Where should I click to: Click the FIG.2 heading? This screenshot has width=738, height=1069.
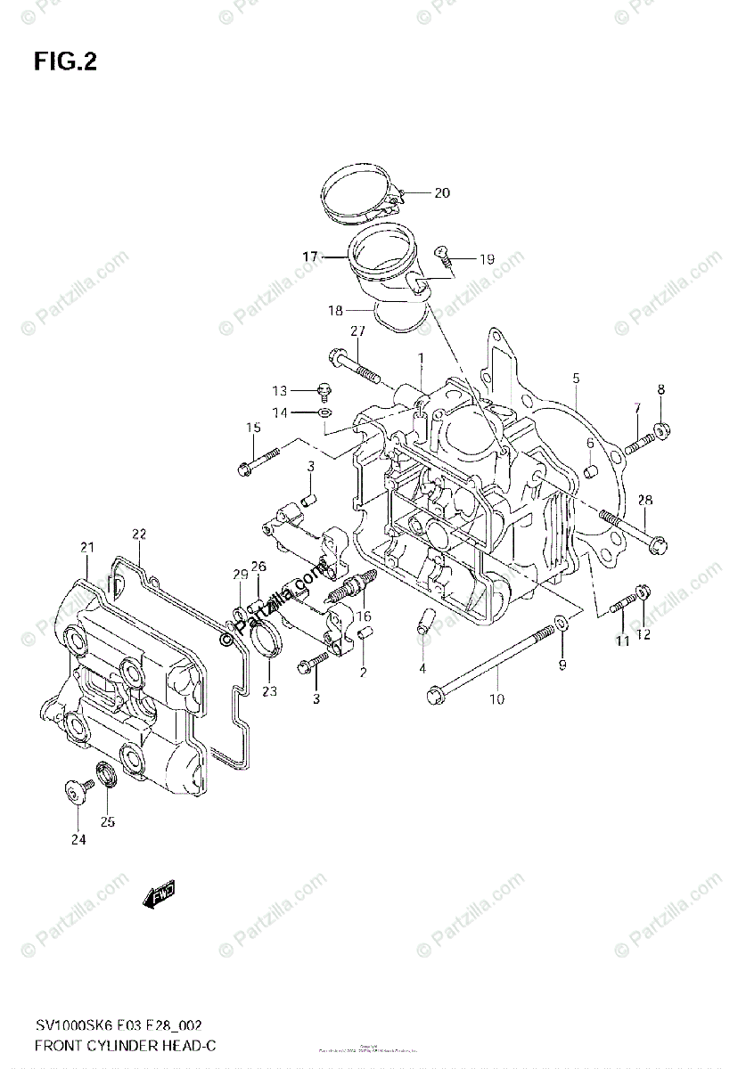[x=65, y=62]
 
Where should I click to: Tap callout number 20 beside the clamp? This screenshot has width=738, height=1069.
[x=442, y=192]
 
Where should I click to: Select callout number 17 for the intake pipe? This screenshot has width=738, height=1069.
[x=310, y=257]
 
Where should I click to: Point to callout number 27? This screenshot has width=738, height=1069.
[x=357, y=331]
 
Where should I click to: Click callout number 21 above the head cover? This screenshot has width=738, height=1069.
[x=86, y=547]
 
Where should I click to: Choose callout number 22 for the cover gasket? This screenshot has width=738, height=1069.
[x=138, y=534]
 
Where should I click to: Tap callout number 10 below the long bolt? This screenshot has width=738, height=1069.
[x=496, y=699]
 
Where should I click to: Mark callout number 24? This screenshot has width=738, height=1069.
[x=78, y=839]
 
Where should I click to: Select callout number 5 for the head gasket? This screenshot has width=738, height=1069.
[x=577, y=379]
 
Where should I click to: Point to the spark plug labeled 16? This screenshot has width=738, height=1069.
[x=349, y=589]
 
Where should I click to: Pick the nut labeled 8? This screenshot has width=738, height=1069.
[x=661, y=432]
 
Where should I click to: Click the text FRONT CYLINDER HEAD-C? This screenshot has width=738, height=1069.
[x=125, y=1046]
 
